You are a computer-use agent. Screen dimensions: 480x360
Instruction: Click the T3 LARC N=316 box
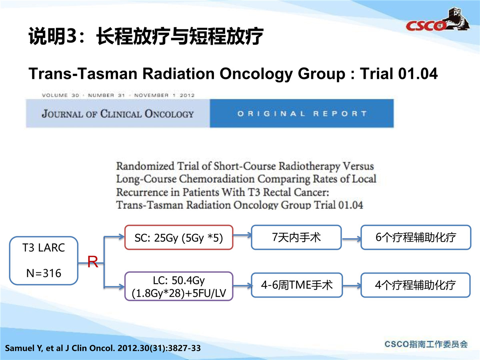coord(44,260)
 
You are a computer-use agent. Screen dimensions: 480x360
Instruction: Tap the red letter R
coord(93,262)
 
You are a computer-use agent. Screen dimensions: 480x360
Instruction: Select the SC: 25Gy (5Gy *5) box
coord(179,237)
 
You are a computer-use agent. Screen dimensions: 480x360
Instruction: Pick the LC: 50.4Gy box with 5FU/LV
coord(179,286)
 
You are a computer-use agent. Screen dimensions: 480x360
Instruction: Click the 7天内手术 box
coord(296,237)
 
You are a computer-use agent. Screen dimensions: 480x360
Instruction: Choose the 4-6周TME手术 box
coord(297,285)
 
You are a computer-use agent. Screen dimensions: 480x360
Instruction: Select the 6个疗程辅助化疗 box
coord(416,237)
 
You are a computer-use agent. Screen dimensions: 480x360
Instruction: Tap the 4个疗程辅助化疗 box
coord(415,285)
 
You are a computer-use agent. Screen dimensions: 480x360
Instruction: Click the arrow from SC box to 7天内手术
coord(242,236)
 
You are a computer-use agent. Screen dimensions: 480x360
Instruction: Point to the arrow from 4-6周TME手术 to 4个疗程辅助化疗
coord(352,286)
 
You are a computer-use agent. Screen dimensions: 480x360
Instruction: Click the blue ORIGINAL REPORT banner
coord(302,113)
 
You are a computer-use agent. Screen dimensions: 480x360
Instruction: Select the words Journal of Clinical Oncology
coord(118,114)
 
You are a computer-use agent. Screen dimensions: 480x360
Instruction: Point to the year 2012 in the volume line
coord(187,95)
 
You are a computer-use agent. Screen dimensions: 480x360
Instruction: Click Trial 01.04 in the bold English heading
coord(399,74)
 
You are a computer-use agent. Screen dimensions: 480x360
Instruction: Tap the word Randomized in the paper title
coord(145,166)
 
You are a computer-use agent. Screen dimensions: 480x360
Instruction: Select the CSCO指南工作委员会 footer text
coord(426,344)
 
